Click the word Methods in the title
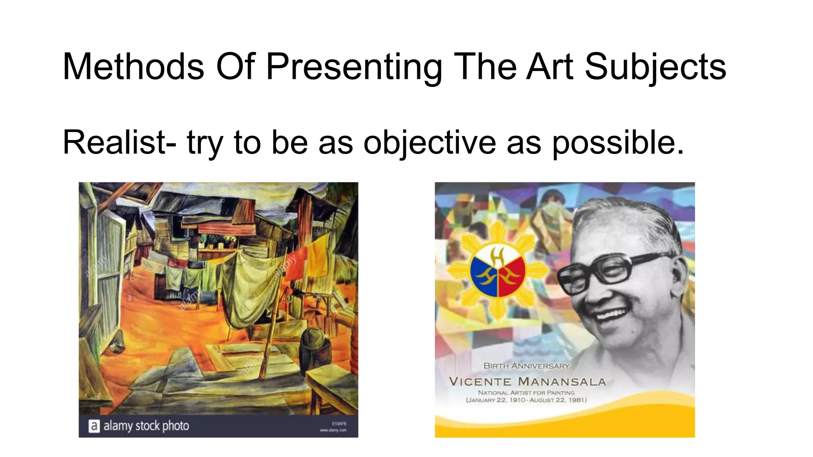[133, 67]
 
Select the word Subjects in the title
[655, 67]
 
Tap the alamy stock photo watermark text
[146, 426]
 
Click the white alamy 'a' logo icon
[94, 426]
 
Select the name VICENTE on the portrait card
[480, 382]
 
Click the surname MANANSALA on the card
[562, 382]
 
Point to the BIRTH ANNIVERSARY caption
[526, 366]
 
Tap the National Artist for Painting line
[526, 393]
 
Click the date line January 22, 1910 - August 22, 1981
[526, 400]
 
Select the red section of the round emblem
[512, 274]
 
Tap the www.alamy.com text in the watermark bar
[333, 430]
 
